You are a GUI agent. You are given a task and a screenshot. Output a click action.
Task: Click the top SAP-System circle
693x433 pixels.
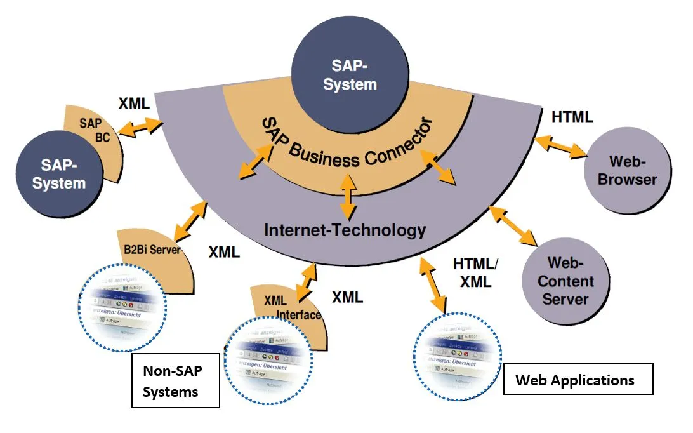[350, 74]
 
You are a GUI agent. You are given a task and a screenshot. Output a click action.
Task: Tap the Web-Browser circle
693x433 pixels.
[627, 169]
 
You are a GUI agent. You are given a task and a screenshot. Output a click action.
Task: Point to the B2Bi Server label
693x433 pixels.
[152, 250]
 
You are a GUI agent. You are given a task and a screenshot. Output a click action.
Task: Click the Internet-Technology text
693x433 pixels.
[345, 229]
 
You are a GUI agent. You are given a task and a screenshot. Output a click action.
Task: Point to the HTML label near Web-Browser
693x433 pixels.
[572, 117]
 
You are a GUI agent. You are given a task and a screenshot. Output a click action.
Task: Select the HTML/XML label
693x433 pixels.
[476, 272]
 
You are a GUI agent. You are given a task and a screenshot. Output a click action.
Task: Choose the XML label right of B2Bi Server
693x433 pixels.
[224, 252]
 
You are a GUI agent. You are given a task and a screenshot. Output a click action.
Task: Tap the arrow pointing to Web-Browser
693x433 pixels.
[560, 147]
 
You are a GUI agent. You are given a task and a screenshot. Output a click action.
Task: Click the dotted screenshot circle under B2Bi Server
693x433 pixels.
[122, 307]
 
